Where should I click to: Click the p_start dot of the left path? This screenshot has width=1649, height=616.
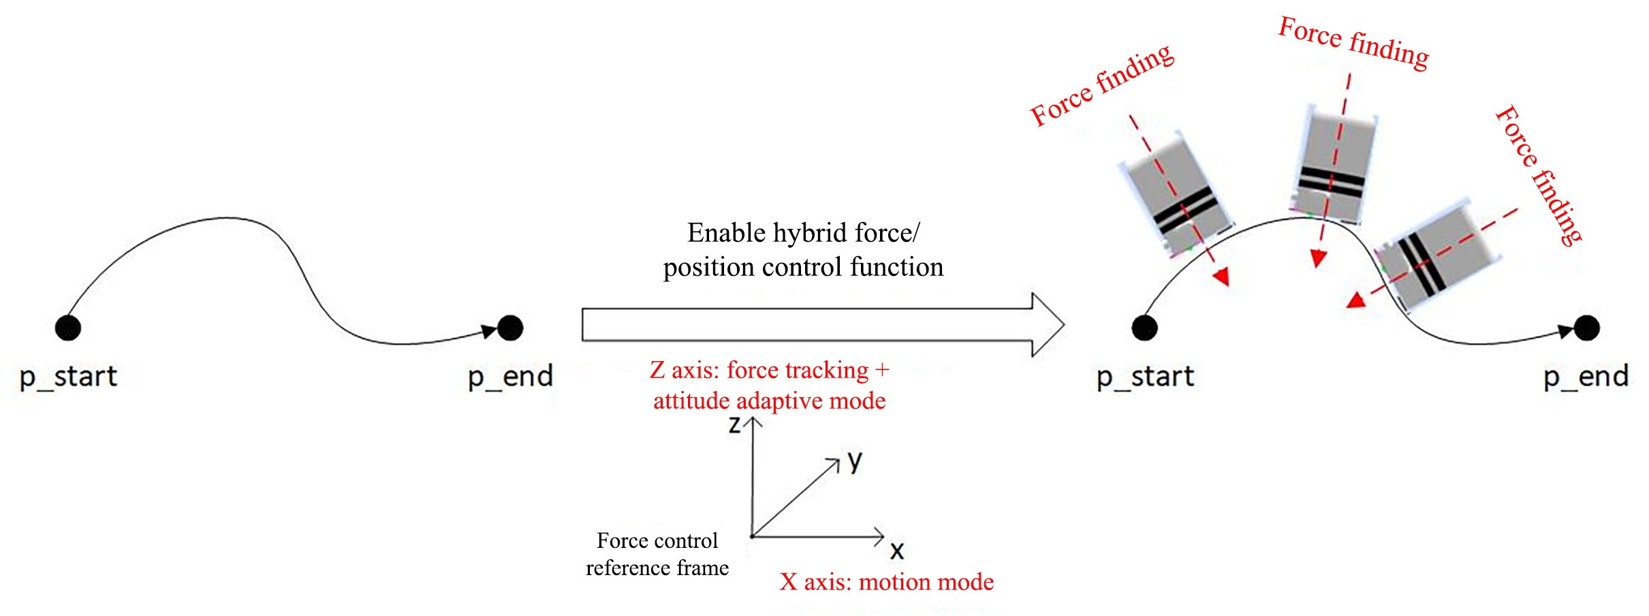pos(67,327)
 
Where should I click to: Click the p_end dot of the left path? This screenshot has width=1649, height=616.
pos(510,328)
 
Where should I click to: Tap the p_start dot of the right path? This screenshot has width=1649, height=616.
pos(1144,328)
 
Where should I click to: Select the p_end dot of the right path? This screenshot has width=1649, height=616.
pos(1587,328)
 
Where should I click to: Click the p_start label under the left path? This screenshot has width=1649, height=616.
pos(68,376)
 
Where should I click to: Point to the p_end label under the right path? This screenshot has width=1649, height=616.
pos(1586,376)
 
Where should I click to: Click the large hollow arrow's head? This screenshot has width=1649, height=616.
pos(1048,324)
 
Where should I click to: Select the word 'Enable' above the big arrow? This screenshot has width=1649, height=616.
pos(727,233)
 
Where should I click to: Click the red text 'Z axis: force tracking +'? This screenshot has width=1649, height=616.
pos(770,370)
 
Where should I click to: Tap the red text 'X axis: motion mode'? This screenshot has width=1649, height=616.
pos(886,582)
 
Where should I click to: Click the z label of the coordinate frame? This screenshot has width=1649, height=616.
pos(734,425)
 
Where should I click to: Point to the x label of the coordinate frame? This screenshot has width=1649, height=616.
pos(897,551)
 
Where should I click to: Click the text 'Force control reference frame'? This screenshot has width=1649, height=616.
pos(657,554)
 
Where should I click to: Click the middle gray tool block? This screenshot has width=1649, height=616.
pos(1332,166)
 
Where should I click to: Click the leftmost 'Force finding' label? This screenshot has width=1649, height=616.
pos(1101,85)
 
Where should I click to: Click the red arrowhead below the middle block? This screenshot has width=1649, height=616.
pos(1319,258)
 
